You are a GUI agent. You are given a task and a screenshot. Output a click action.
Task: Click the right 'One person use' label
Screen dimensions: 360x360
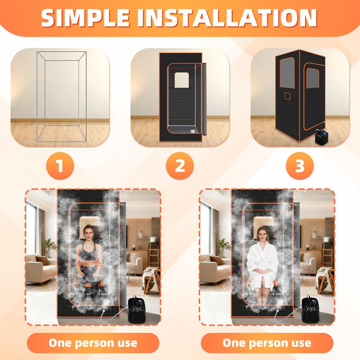(267, 342)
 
